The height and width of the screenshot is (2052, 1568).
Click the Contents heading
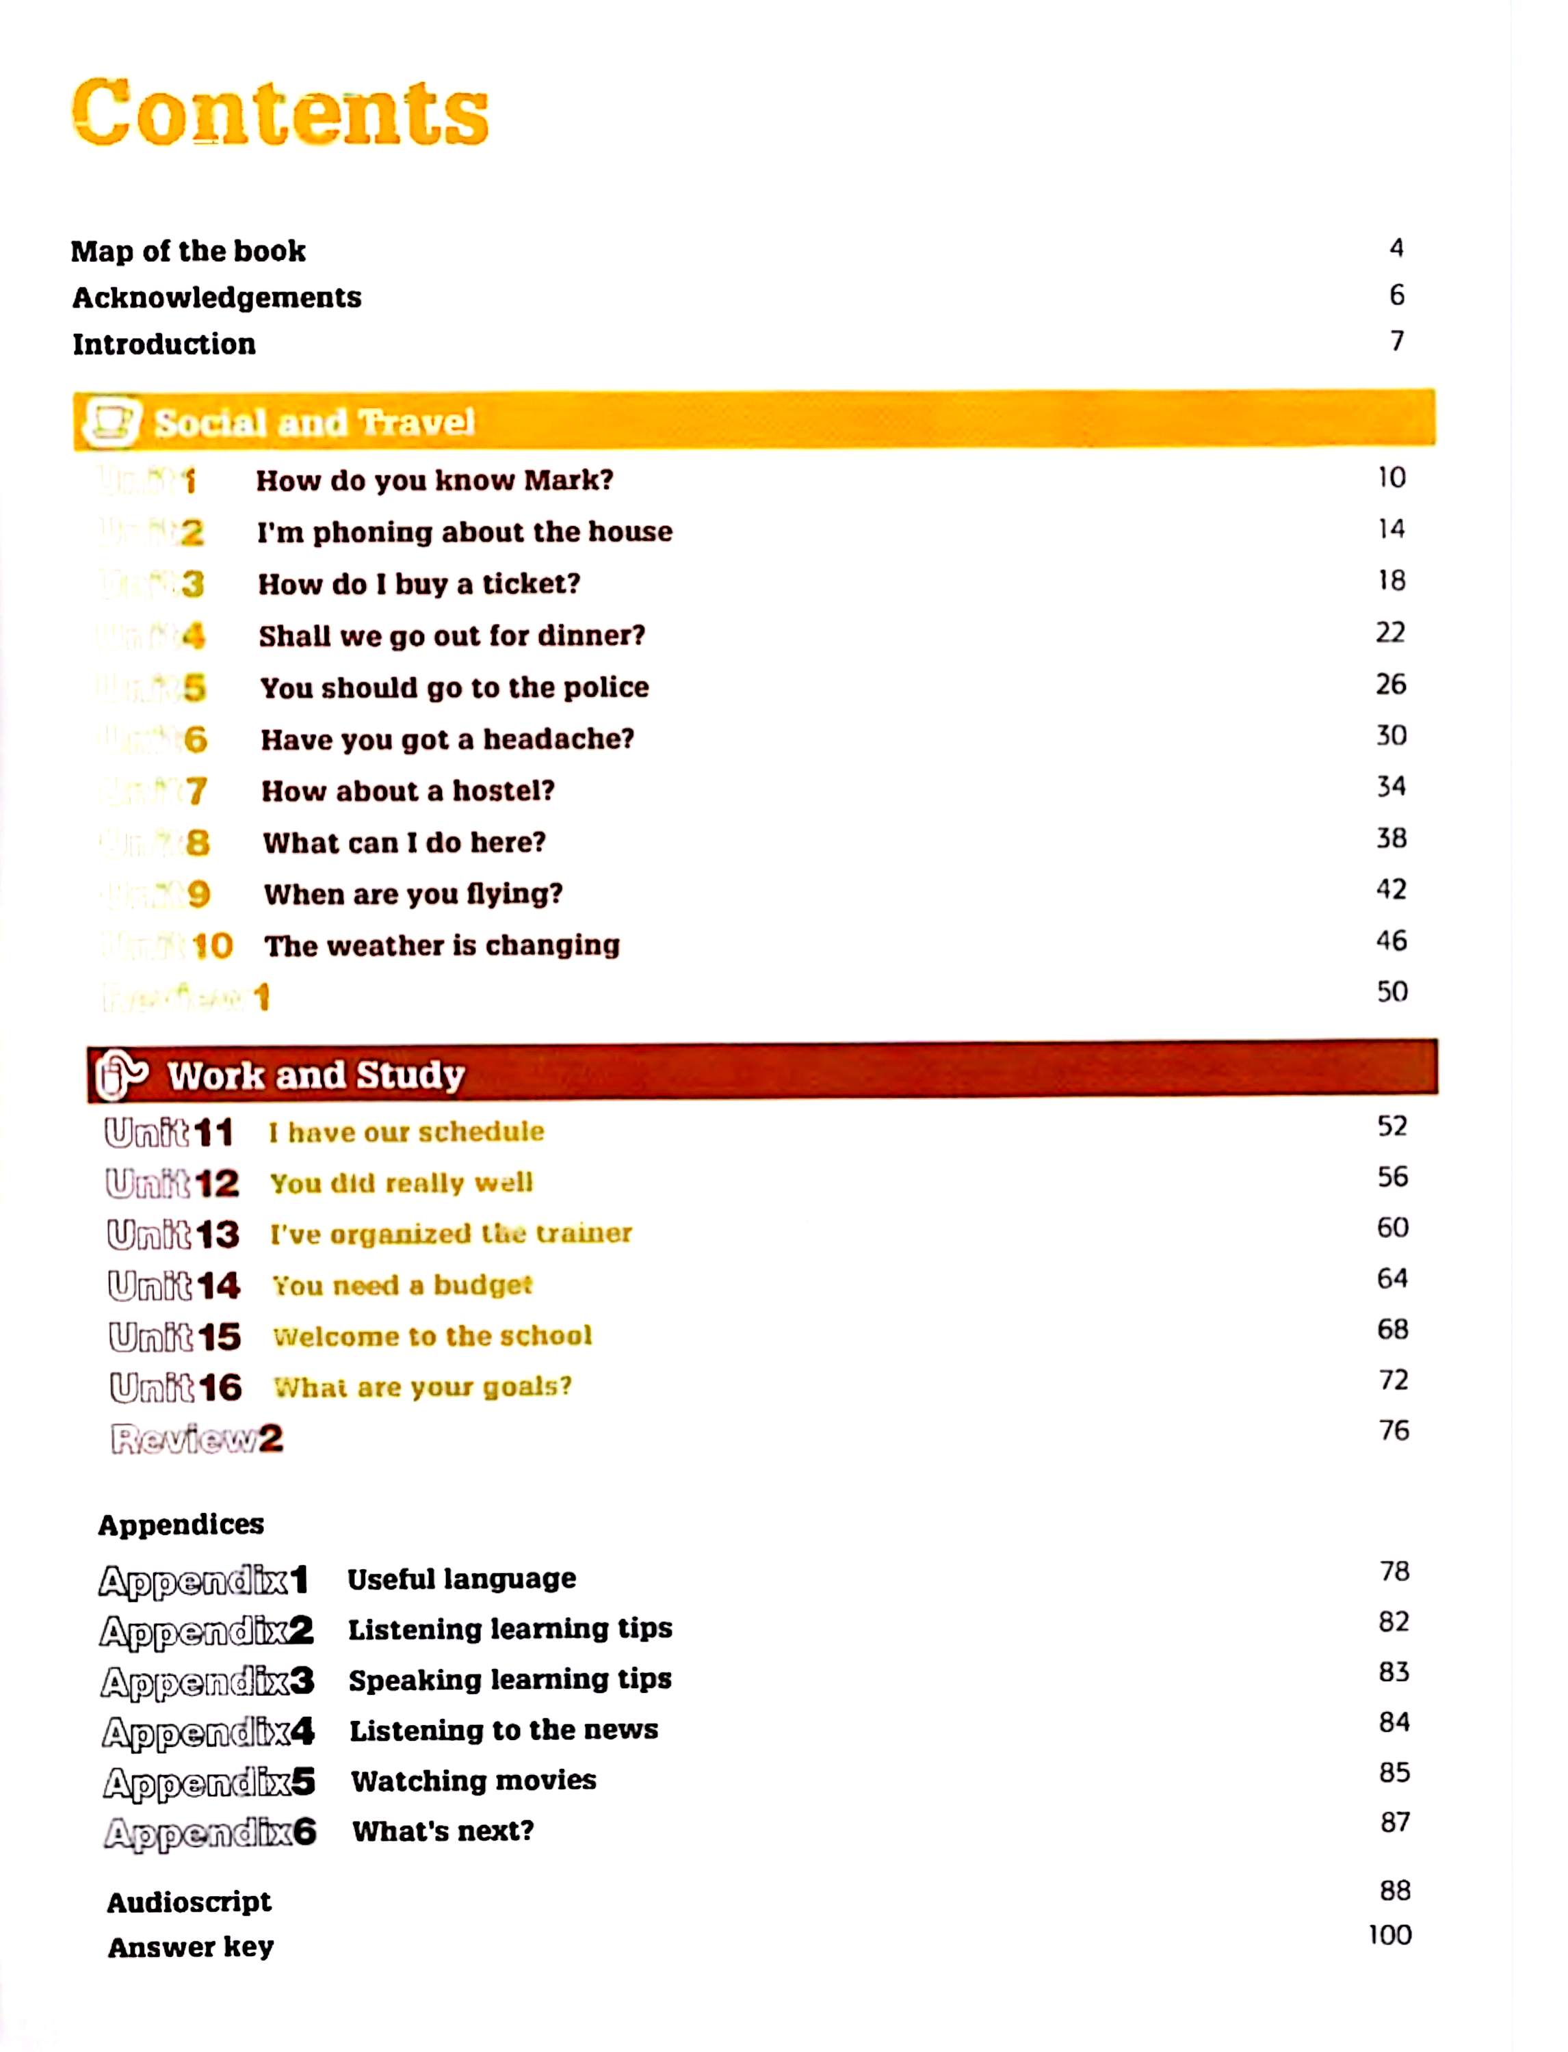pyautogui.click(x=280, y=113)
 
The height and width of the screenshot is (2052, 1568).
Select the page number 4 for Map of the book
pyautogui.click(x=1396, y=248)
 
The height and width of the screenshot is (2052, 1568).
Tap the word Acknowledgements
pyautogui.click(x=217, y=298)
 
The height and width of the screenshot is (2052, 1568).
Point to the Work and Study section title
pyautogui.click(x=316, y=1075)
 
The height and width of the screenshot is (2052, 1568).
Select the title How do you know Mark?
pyautogui.click(x=435, y=481)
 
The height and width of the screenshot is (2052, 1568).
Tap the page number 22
pyautogui.click(x=1389, y=633)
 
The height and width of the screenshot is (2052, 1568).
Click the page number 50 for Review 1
pyautogui.click(x=1391, y=991)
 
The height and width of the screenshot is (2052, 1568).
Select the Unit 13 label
pyautogui.click(x=174, y=1235)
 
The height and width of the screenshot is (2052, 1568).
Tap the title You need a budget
pyautogui.click(x=402, y=1286)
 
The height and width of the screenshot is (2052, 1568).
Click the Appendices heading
pyautogui.click(x=181, y=1525)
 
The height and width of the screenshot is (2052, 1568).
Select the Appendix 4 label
pyautogui.click(x=208, y=1732)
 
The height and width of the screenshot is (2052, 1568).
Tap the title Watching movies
pyautogui.click(x=473, y=1780)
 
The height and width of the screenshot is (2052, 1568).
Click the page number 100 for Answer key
pyautogui.click(x=1389, y=1934)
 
